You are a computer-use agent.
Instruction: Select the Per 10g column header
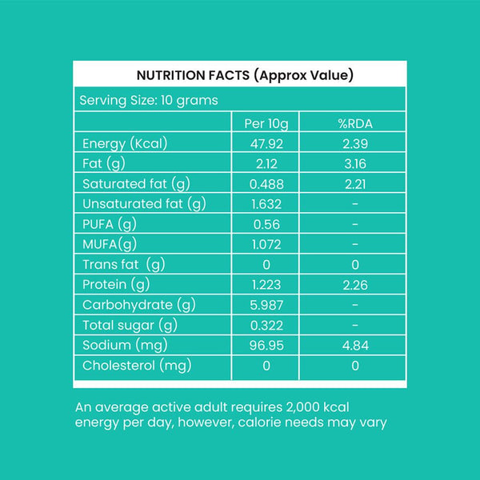[x=266, y=124]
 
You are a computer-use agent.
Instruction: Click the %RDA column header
[x=355, y=124]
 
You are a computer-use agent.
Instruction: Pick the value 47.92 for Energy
[x=266, y=144]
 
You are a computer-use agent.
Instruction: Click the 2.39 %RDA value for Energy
[x=355, y=144]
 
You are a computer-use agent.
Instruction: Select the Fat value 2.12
[x=266, y=164]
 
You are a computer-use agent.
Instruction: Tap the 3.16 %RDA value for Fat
[x=355, y=164]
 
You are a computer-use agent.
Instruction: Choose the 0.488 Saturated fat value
[x=266, y=184]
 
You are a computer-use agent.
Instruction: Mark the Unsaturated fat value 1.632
[x=266, y=204]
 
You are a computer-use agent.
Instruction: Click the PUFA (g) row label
[x=110, y=225]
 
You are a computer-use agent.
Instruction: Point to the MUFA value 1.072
[x=266, y=245]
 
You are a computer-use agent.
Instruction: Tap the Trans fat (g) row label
[x=123, y=265]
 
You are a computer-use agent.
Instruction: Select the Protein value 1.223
[x=266, y=285]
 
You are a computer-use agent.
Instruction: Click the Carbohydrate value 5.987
[x=266, y=305]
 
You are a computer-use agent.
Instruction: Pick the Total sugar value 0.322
[x=266, y=326]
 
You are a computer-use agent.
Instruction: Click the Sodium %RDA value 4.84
[x=355, y=346]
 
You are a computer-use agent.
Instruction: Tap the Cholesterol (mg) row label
[x=135, y=366]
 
